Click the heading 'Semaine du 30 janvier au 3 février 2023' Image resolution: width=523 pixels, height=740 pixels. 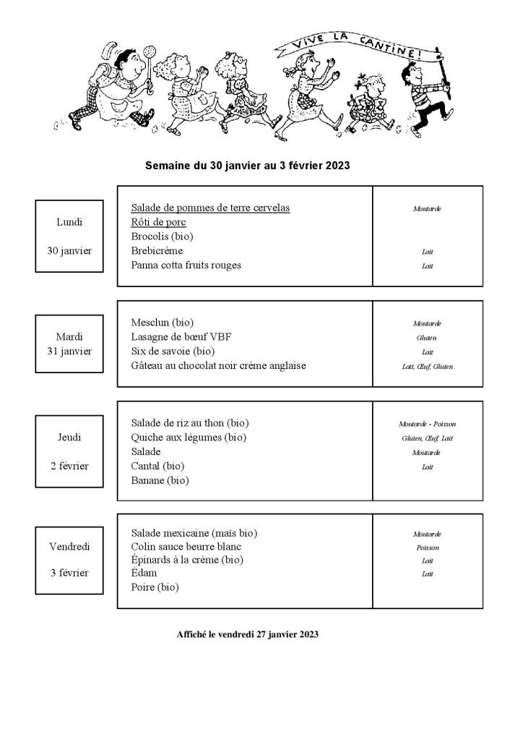pyautogui.click(x=248, y=166)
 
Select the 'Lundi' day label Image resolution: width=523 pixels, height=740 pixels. pyautogui.click(x=69, y=222)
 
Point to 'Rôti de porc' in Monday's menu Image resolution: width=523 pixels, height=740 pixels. pyautogui.click(x=158, y=222)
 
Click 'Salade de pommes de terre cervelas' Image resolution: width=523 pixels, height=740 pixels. pyautogui.click(x=210, y=208)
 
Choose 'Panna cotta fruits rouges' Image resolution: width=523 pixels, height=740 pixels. pyautogui.click(x=186, y=265)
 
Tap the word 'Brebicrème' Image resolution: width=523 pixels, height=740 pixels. pyautogui.click(x=157, y=250)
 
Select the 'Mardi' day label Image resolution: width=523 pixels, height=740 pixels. pyautogui.click(x=69, y=336)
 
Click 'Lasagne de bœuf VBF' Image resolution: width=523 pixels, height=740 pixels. pyautogui.click(x=181, y=336)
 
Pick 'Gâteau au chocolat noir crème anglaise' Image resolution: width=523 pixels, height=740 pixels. pyautogui.click(x=218, y=365)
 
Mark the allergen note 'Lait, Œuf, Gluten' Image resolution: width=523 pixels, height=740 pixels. pyautogui.click(x=427, y=367)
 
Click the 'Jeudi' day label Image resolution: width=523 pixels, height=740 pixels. pyautogui.click(x=69, y=437)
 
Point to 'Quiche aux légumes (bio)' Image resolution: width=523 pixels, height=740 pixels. pyautogui.click(x=189, y=437)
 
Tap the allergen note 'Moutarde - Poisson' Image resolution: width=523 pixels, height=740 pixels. pyautogui.click(x=427, y=424)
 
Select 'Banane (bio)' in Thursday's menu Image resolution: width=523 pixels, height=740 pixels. pyautogui.click(x=160, y=480)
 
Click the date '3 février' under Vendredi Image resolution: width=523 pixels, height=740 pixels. pyautogui.click(x=69, y=573)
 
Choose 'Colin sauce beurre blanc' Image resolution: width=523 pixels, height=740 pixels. pyautogui.click(x=186, y=546)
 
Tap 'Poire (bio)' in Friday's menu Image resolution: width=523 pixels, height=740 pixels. pyautogui.click(x=155, y=587)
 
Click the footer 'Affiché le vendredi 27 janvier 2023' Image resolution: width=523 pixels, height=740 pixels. pyautogui.click(x=247, y=634)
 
